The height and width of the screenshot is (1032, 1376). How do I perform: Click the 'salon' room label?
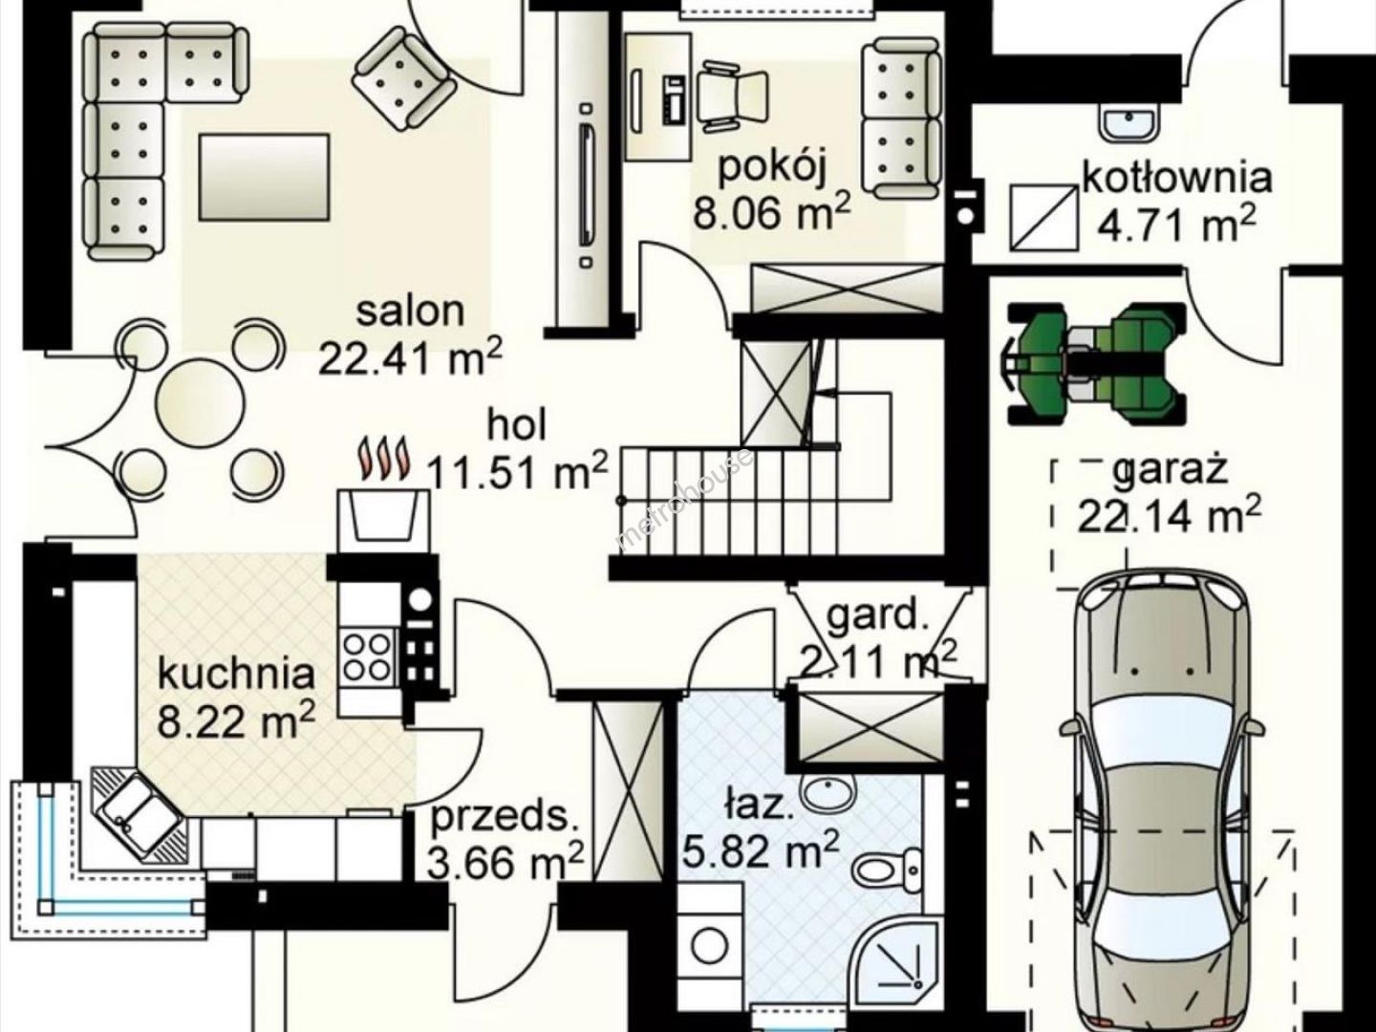click(x=411, y=312)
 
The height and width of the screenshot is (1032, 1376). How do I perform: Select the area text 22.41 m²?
click(x=411, y=358)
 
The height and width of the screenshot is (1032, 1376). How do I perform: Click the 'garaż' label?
click(x=1170, y=470)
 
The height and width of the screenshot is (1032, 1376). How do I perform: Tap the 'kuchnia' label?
click(x=236, y=675)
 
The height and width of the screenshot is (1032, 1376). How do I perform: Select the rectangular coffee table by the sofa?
click(x=265, y=178)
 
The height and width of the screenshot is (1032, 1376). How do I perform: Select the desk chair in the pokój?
click(x=732, y=97)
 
